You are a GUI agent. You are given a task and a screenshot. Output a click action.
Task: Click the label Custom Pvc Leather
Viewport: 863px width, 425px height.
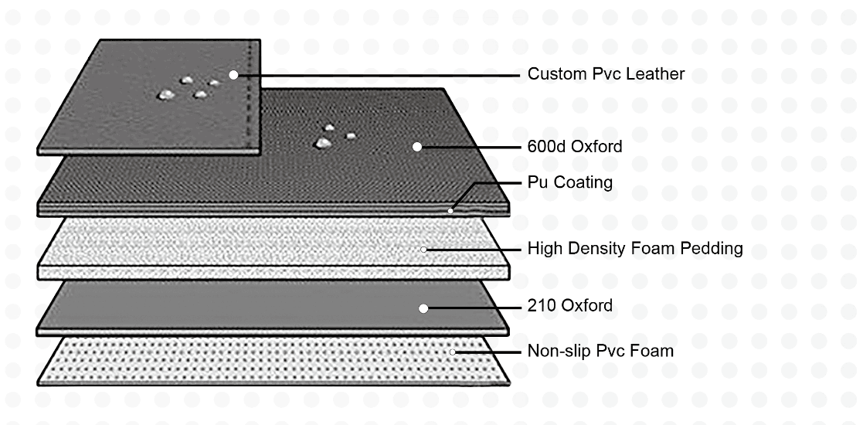(606, 74)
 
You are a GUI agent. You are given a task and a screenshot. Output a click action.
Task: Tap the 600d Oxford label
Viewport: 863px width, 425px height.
(574, 146)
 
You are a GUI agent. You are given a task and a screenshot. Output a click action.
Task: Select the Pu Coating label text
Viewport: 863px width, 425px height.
(570, 182)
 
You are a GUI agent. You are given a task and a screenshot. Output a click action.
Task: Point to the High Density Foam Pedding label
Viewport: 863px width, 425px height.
(634, 249)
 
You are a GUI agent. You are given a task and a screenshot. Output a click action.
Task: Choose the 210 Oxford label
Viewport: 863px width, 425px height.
(569, 306)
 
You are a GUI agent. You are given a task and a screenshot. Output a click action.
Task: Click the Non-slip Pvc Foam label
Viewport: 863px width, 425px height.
(600, 351)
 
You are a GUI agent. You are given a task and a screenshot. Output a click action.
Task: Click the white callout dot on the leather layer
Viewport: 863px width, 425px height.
(234, 75)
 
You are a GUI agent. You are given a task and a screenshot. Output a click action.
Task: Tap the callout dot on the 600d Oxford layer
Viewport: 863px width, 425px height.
(417, 146)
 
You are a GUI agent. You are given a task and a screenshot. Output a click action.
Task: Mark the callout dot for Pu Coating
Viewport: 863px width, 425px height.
(450, 210)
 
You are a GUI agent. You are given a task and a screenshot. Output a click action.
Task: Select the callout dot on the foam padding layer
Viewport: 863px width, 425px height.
(424, 249)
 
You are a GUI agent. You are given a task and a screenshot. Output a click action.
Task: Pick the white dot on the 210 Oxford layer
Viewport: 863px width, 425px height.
(423, 308)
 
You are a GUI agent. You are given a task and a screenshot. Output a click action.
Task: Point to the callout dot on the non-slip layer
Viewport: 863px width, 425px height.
(453, 352)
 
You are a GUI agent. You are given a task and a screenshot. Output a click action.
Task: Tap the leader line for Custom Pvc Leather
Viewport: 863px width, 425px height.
(379, 75)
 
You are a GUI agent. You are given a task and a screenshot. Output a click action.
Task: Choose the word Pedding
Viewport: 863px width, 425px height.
(712, 249)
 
